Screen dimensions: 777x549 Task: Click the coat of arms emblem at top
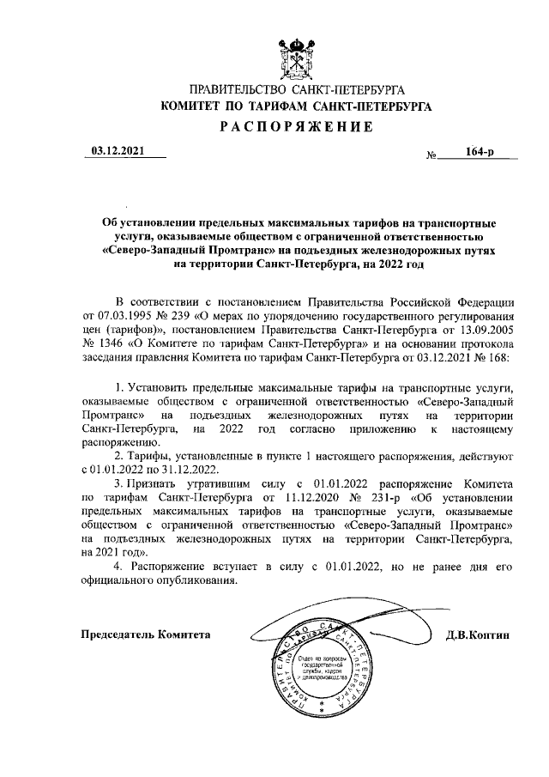click(x=297, y=56)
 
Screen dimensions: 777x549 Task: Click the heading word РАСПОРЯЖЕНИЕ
click(x=297, y=129)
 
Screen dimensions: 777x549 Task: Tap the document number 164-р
click(x=480, y=152)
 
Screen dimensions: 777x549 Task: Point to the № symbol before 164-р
click(x=431, y=155)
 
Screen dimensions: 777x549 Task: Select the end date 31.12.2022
click(x=191, y=469)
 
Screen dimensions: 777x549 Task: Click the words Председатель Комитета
click(x=145, y=634)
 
